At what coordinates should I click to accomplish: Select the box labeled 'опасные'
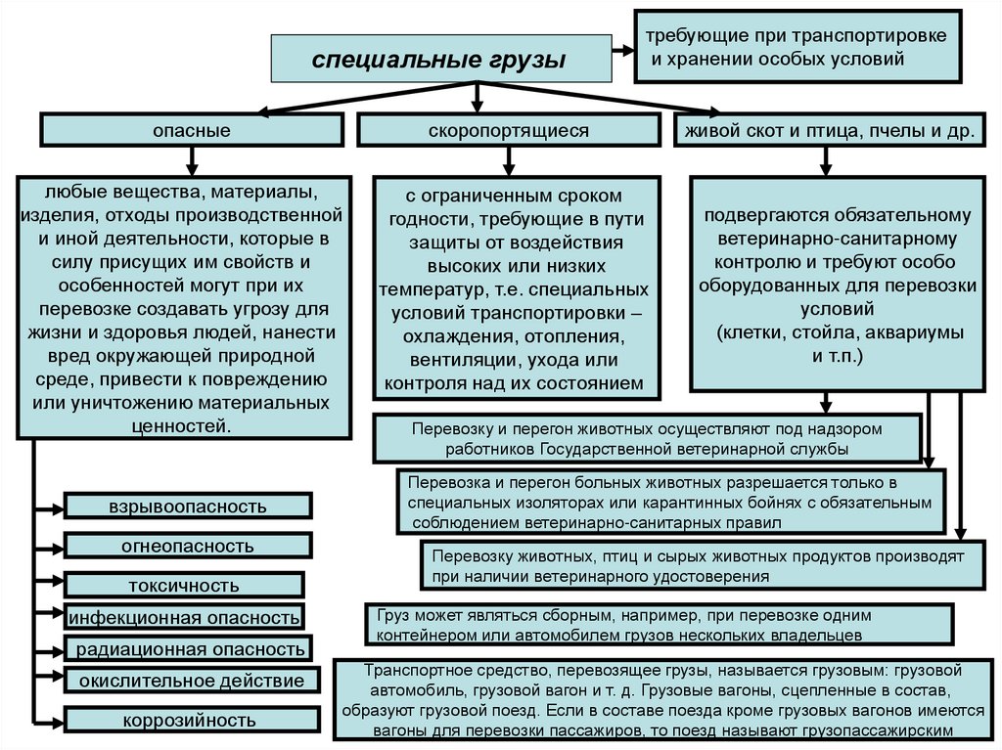pos(191,130)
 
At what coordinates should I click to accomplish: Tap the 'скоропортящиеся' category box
pos(508,130)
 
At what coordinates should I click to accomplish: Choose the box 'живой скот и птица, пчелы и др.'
pos(830,130)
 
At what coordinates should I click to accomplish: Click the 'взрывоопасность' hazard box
pos(188,506)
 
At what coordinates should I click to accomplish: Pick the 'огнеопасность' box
pos(188,545)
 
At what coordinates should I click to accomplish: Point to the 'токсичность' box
pos(183,586)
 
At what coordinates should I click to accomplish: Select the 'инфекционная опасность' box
pos(183,617)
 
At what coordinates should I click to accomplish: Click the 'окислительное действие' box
pos(192,681)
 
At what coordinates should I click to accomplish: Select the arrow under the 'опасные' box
pos(192,159)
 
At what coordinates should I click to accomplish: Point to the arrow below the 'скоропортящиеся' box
pos(508,159)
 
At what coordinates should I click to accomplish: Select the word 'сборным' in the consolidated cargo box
pos(590,617)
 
